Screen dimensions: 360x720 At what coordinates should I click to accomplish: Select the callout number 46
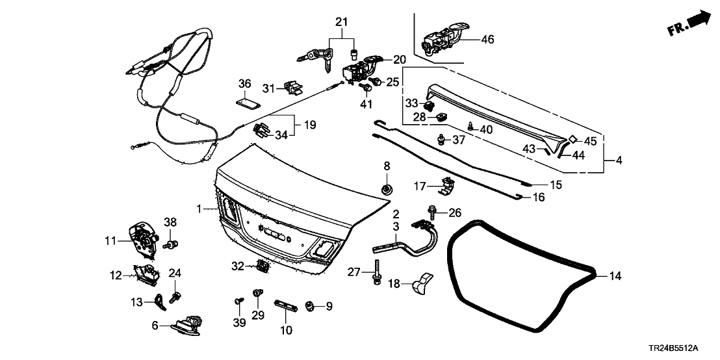487,40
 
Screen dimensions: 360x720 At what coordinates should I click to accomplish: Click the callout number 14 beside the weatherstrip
615,276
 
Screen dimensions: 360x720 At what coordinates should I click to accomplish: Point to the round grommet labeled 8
386,188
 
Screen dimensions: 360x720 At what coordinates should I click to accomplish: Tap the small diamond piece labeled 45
573,138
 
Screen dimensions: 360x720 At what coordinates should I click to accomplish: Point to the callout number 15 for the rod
555,185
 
